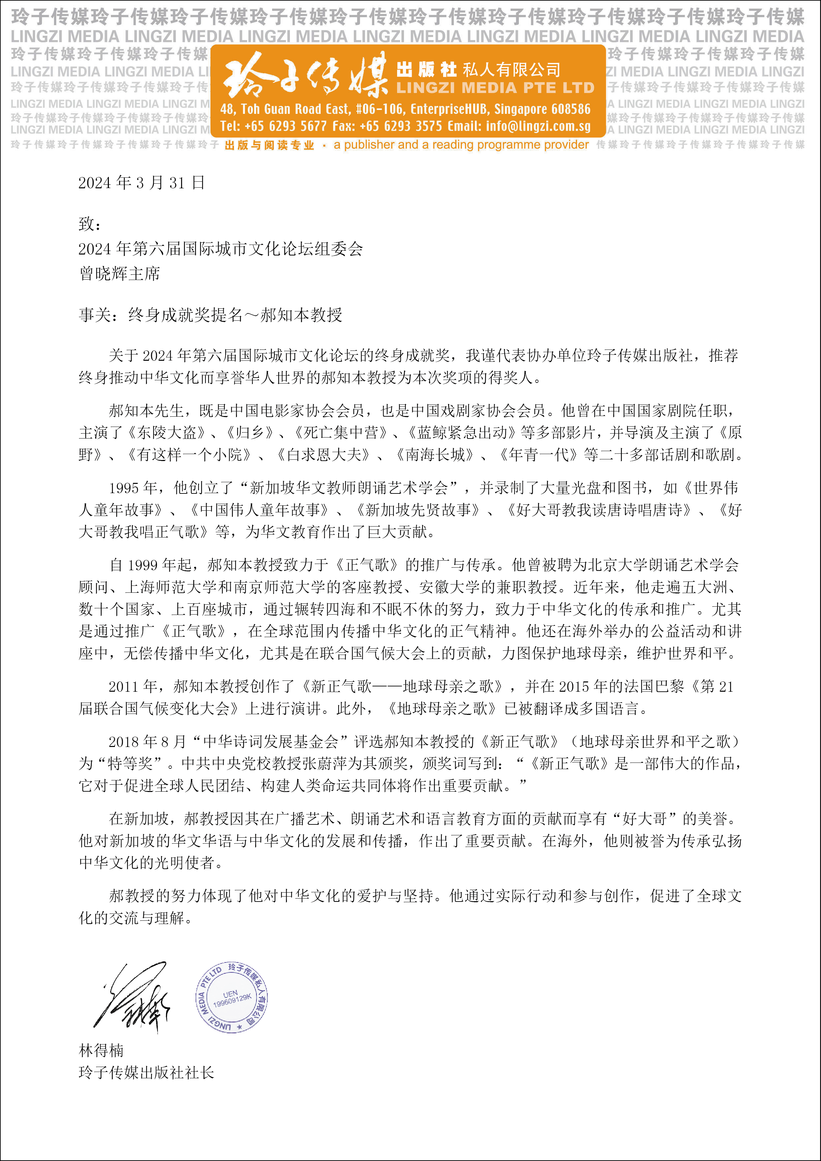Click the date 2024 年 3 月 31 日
[x=142, y=183]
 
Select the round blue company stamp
[x=232, y=997]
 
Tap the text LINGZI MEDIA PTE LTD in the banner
[x=495, y=88]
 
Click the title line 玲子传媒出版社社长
[x=147, y=1073]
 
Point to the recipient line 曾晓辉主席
[x=120, y=274]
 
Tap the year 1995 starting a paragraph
[x=124, y=488]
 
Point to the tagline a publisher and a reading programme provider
[x=461, y=145]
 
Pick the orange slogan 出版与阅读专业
[x=269, y=145]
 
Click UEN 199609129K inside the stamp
[x=232, y=998]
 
